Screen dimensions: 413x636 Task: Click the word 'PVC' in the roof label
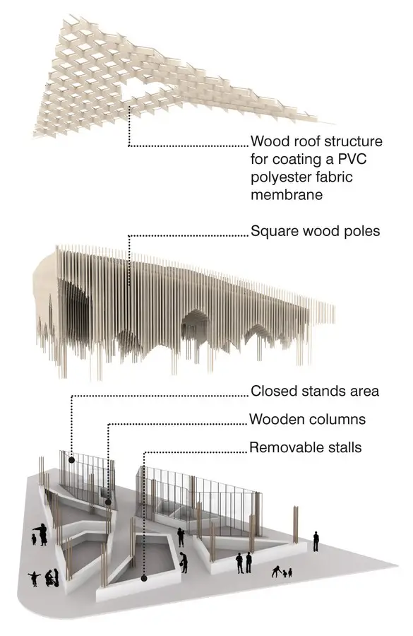[352, 158]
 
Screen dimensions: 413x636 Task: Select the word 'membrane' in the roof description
[287, 194]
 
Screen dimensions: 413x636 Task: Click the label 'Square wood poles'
[316, 231]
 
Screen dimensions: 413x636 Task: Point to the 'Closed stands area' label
[315, 391]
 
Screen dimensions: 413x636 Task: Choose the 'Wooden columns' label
[308, 419]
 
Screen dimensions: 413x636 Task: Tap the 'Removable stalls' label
[306, 447]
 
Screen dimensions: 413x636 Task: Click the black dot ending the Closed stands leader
[71, 460]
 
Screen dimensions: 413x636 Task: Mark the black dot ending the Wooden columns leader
[108, 502]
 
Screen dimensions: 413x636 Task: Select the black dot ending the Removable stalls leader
[144, 578]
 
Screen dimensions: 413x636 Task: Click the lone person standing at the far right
[316, 541]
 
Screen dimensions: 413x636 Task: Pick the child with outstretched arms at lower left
[34, 579]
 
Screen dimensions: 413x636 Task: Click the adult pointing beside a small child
[42, 535]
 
